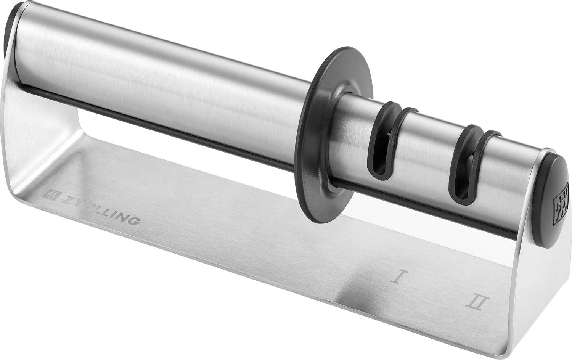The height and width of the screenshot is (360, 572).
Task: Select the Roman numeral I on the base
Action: (398, 276)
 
